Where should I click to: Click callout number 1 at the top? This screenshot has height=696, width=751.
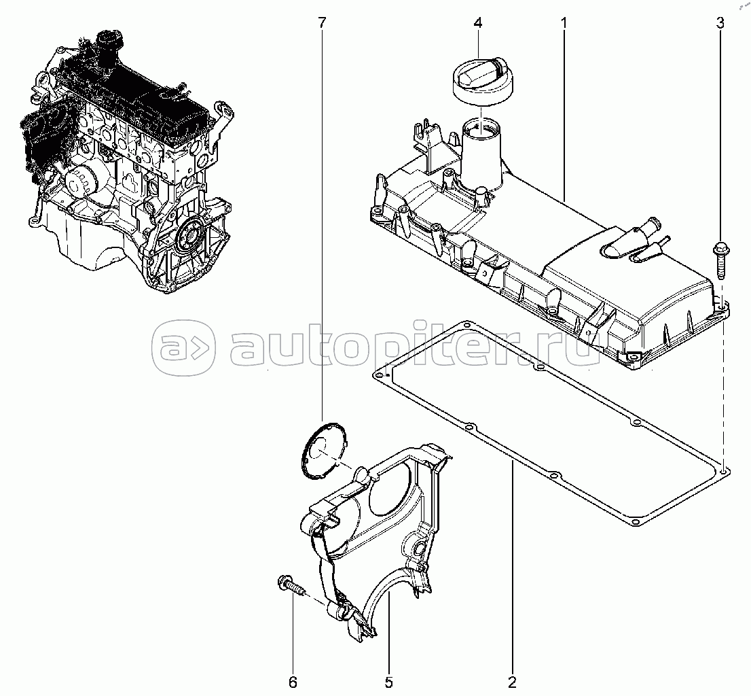[x=564, y=22]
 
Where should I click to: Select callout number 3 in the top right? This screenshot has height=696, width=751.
[x=720, y=22]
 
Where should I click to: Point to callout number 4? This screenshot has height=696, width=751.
[x=478, y=22]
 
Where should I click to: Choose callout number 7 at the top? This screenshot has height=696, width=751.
[x=322, y=22]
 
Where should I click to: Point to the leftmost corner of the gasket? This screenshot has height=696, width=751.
[x=379, y=373]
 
